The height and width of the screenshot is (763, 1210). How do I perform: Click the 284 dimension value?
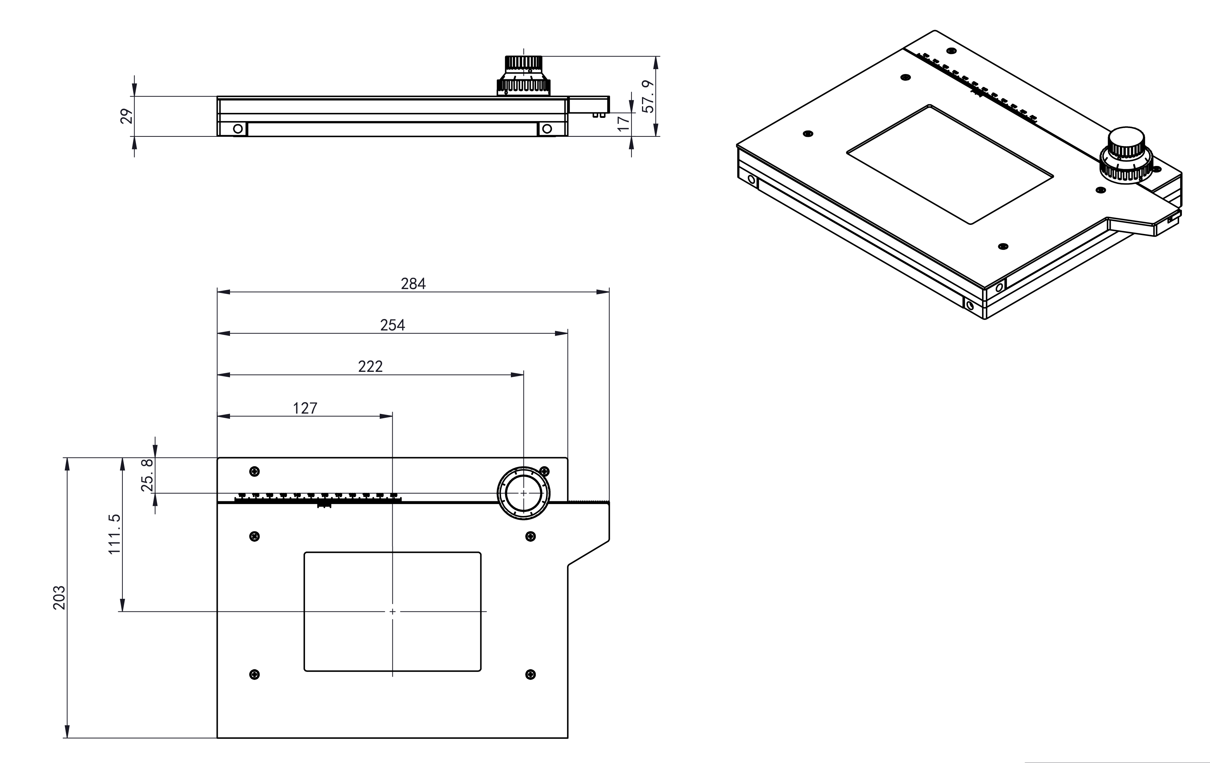click(x=413, y=284)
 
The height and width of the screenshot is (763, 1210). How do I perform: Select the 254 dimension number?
click(x=392, y=325)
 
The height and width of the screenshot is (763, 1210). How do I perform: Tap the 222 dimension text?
click(x=370, y=367)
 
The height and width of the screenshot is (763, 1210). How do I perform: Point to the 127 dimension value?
click(x=305, y=408)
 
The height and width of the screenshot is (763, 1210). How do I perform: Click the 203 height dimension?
click(x=59, y=598)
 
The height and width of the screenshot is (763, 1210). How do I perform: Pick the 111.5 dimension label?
click(x=115, y=534)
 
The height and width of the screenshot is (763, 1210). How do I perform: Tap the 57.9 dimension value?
click(x=649, y=96)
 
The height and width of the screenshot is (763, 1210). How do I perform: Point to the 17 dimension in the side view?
click(x=623, y=123)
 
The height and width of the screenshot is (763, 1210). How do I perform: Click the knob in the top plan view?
click(x=523, y=493)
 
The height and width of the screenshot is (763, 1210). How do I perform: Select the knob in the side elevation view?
click(x=523, y=75)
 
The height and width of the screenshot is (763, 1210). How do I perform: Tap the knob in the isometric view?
click(x=1125, y=156)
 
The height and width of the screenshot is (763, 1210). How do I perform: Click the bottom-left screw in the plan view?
click(x=255, y=674)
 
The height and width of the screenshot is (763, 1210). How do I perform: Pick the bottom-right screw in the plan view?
click(x=530, y=674)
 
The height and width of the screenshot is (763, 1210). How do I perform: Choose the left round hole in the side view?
click(x=238, y=129)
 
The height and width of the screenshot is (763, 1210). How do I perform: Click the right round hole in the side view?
click(x=547, y=129)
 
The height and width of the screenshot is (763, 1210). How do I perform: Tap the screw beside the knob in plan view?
click(x=544, y=471)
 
